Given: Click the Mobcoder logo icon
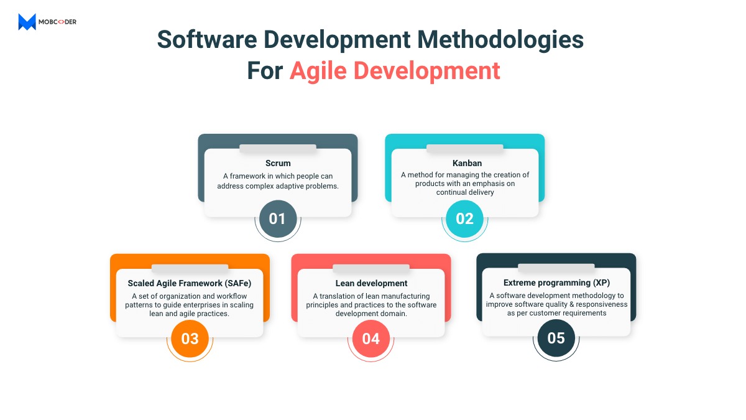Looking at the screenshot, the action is [27, 22].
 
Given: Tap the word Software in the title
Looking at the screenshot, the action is [207, 40].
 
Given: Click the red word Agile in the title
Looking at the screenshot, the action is [318, 72].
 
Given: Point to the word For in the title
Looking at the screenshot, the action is [265, 71].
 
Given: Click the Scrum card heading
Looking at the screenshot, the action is [278, 163].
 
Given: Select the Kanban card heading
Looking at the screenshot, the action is [467, 163].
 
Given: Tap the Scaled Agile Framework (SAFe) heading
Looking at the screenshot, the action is [190, 283].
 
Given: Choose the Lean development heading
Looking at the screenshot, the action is [371, 283].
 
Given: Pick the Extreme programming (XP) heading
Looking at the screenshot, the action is [556, 282].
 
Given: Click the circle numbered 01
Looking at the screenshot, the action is [278, 218].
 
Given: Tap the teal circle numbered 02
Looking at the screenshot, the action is [464, 218].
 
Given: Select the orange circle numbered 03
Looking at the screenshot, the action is [190, 338].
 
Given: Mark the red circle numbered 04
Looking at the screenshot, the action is [371, 338].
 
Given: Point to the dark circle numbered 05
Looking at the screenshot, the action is [556, 338].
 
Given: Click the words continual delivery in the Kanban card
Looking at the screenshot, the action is [465, 192].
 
